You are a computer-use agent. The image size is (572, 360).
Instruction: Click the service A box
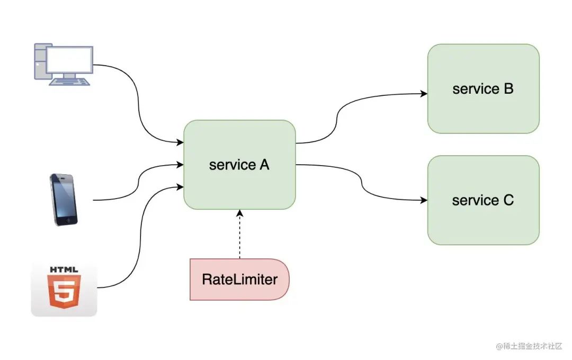click(239, 165)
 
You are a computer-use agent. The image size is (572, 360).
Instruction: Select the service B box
click(484, 88)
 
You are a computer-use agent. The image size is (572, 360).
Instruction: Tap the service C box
click(484, 200)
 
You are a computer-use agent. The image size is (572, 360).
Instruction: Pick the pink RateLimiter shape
click(239, 280)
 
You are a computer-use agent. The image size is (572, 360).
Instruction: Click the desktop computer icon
click(64, 65)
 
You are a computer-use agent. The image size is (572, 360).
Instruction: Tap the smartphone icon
click(64, 200)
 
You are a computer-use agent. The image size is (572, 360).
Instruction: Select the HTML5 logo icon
click(64, 289)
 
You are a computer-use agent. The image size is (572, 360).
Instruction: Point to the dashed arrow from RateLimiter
click(240, 234)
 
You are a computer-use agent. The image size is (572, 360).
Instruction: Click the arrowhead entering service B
click(424, 94)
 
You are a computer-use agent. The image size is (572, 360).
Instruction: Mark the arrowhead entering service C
click(424, 200)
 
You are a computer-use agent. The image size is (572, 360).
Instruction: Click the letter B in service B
click(508, 88)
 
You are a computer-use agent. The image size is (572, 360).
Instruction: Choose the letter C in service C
click(508, 200)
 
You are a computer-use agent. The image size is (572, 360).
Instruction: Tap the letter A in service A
click(264, 165)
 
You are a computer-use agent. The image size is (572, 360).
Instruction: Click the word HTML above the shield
click(64, 269)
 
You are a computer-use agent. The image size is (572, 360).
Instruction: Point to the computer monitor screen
click(69, 60)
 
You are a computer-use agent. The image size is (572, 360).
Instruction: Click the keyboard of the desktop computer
click(69, 82)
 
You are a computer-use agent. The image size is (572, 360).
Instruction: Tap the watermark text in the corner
click(529, 346)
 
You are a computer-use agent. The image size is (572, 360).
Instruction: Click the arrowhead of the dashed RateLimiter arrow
click(240, 213)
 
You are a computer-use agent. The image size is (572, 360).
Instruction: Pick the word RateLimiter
click(240, 280)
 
